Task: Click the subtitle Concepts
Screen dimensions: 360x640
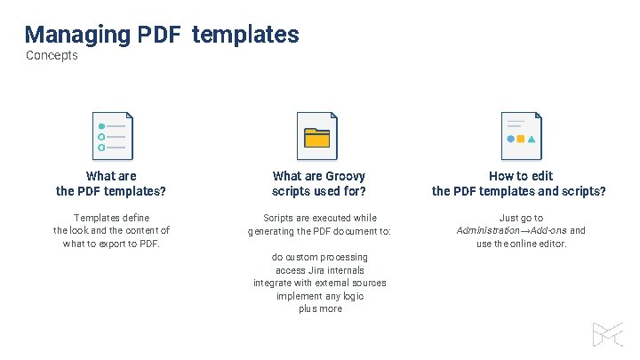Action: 52,56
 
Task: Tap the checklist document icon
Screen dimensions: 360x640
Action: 112,136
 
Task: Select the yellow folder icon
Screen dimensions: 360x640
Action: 317,137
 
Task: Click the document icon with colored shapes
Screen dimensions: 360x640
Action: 521,136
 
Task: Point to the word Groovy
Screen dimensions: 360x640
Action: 345,176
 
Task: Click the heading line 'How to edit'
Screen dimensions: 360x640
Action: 520,176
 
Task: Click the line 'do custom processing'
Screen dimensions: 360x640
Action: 319,257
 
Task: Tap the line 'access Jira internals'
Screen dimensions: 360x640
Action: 319,270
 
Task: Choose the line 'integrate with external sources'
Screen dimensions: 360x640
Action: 319,283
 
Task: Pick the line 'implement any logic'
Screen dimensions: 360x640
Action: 319,296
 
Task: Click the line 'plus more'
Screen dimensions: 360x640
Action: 319,308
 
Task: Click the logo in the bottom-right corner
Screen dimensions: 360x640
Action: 608,332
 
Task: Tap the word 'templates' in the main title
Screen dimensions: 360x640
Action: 245,35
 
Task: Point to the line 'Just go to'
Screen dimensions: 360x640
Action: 521,218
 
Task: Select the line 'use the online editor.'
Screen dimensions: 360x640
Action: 521,244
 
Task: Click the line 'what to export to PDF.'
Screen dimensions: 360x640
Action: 111,244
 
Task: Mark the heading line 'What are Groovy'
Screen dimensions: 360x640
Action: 319,176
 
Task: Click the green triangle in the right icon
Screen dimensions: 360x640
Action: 532,139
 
